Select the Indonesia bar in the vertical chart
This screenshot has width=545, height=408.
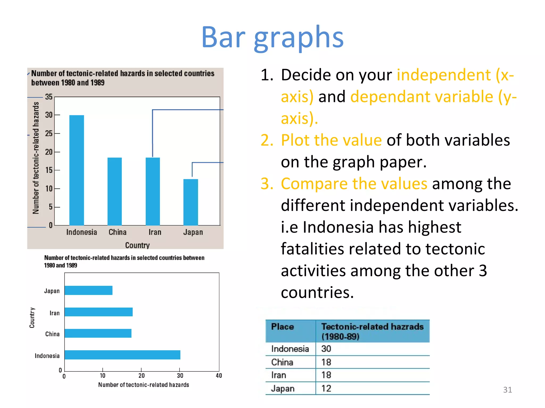coord(77,170)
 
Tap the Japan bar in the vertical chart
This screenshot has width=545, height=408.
coord(191,202)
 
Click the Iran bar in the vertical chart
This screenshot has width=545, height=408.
coord(153,191)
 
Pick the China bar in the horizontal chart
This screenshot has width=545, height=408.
coord(98,333)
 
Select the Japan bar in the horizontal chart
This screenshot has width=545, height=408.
coord(88,290)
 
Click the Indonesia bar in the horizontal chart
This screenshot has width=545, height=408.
coord(122,355)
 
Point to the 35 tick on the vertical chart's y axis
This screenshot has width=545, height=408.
coord(49,97)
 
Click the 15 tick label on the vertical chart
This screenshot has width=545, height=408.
coord(49,170)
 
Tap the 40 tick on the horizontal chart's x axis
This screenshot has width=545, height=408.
coord(219,376)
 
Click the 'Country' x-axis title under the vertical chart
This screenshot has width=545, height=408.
coord(137,245)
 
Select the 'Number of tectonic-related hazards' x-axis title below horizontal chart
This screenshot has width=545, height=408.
coord(143,385)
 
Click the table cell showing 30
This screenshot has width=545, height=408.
coord(326,349)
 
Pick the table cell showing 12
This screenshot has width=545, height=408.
coord(326,389)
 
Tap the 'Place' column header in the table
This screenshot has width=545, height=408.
coord(282,327)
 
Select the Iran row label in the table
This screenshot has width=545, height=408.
coord(279,375)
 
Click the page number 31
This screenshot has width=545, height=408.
coord(507,390)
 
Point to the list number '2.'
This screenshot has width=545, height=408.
coord(267,140)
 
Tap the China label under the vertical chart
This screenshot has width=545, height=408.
coord(117,232)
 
